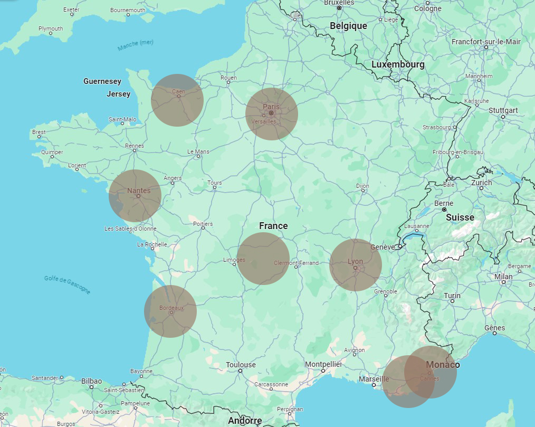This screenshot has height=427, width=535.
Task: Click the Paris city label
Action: (x=271, y=107)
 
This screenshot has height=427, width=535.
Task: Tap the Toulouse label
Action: (x=241, y=365)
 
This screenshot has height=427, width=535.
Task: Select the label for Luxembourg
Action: (x=398, y=64)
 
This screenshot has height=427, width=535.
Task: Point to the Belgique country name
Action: (x=348, y=26)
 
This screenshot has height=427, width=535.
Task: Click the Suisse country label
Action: (x=460, y=217)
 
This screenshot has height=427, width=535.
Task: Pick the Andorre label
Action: (x=245, y=421)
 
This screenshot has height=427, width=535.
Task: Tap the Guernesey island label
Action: (x=102, y=81)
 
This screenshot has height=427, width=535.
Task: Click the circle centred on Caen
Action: (x=177, y=100)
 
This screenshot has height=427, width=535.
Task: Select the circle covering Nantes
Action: (x=135, y=196)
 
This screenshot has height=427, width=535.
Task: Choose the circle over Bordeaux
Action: (x=170, y=311)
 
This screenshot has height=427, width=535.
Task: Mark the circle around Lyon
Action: (x=356, y=265)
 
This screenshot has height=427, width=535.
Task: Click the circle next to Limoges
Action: (x=263, y=259)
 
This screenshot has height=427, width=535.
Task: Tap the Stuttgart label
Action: (x=503, y=110)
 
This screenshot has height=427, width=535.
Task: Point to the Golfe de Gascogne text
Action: (x=67, y=285)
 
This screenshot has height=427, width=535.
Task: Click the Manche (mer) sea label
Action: (x=136, y=45)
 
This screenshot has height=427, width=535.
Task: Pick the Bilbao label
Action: (x=91, y=381)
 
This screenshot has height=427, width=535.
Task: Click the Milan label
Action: (x=503, y=277)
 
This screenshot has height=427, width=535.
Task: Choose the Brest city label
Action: (x=39, y=132)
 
